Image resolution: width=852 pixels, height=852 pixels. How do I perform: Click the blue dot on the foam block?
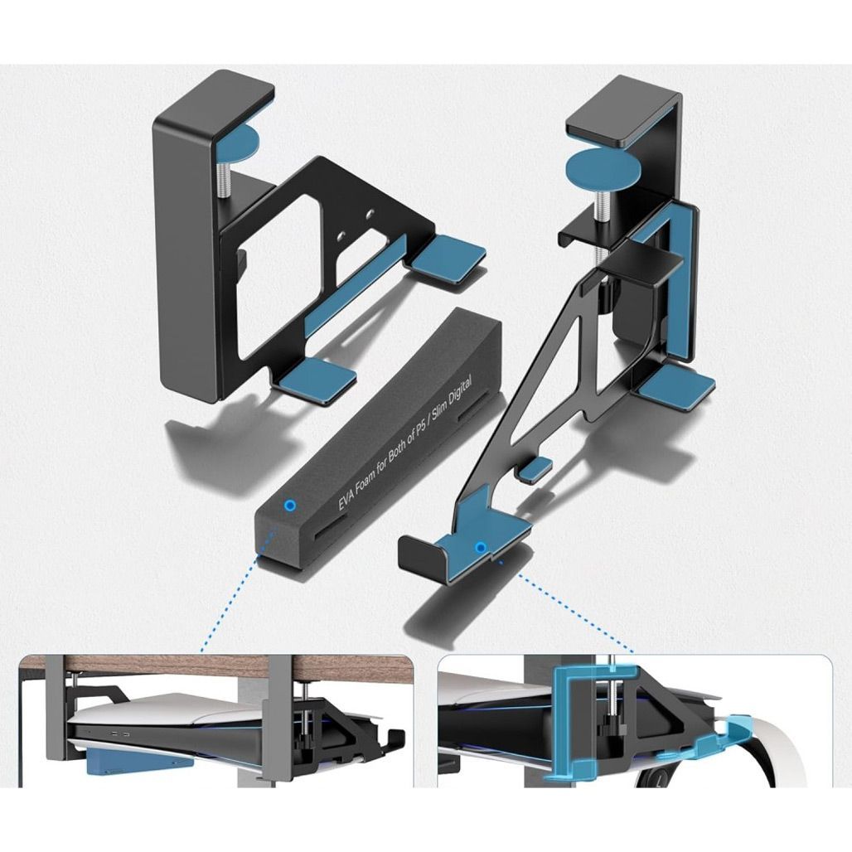290,506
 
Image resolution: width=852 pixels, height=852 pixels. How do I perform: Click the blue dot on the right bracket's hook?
480,547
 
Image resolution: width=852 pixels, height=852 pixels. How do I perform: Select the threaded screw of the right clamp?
603,206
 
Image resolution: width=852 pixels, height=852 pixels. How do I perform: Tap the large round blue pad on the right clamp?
599,171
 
